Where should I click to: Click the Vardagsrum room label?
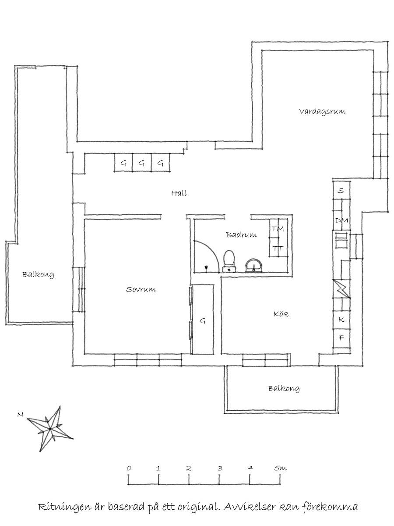point(322,111)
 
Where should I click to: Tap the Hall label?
point(179,193)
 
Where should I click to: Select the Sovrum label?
point(141,289)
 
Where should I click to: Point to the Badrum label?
point(242,235)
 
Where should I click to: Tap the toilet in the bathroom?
point(229,261)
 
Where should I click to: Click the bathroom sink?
point(254,266)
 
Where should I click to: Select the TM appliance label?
point(278,229)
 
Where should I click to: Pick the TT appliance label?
point(278,248)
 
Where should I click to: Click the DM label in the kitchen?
point(342,220)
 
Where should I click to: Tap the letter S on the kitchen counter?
point(341,191)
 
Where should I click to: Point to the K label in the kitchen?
point(341,319)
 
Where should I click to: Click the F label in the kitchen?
point(341,338)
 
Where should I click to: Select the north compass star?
point(50,428)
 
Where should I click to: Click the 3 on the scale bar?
point(220,468)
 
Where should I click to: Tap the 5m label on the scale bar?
point(280,468)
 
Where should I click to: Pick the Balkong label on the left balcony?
point(38,274)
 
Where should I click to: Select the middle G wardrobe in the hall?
point(141,163)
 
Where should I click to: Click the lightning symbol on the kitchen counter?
point(342,289)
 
